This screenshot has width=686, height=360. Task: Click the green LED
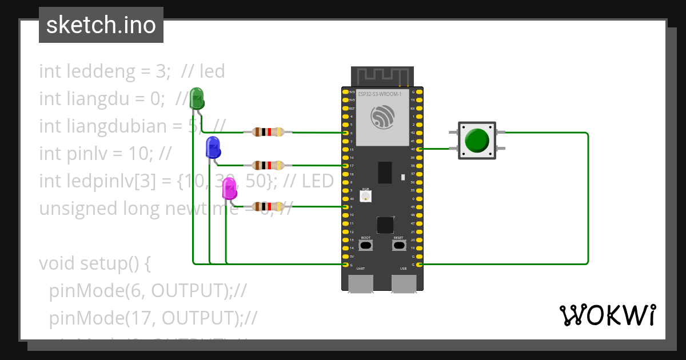point(197,98)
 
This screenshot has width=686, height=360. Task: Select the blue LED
point(213,147)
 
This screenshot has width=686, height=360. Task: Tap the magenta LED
point(230,189)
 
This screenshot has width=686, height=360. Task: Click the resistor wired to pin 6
point(264,133)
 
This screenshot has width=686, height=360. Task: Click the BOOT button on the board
point(366,245)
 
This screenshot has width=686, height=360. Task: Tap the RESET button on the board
point(398,245)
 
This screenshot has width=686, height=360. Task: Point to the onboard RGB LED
point(366,196)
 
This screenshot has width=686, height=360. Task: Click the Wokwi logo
point(607,315)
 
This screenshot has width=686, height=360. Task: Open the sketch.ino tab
point(101,25)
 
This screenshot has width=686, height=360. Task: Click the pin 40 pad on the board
point(420,149)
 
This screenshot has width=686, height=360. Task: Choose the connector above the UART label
point(361,283)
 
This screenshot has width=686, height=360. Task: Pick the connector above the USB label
point(404,283)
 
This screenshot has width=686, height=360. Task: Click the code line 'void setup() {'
point(94,263)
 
